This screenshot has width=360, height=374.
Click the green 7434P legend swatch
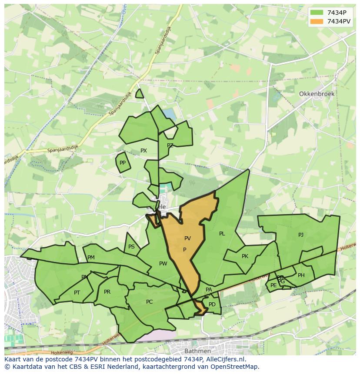coord(317,13)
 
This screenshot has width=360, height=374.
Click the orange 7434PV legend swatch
coord(317,21)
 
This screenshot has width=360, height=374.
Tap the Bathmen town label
coord(197,351)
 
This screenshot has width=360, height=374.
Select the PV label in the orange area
coord(187,238)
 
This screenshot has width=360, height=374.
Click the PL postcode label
coord(222,234)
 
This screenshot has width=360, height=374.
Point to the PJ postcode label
coord(301,235)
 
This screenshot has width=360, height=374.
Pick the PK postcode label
coord(245,256)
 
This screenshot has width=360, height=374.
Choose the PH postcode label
coord(301,275)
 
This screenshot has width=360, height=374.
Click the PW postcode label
coord(163,264)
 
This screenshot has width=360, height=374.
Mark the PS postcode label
coord(131,247)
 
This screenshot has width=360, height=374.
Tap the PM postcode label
coord(91,258)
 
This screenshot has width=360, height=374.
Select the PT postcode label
coord(77,293)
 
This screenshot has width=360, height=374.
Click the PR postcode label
coord(107,292)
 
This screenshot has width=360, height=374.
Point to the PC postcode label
coord(149,302)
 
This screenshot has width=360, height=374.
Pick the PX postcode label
coord(143,151)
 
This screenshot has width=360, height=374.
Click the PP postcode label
coord(123,163)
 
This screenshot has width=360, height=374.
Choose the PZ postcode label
coord(170,146)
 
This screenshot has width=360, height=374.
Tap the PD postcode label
coord(212,304)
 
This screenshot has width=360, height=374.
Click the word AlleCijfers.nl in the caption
coord(225,359)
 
